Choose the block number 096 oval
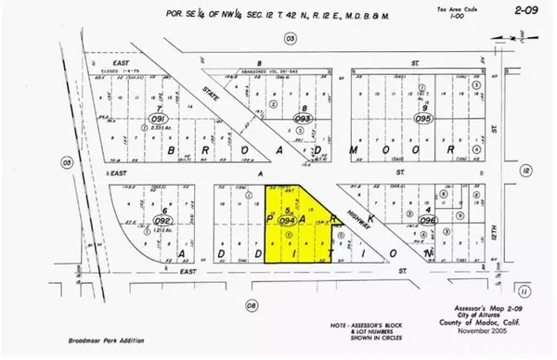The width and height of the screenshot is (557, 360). pos(428,221)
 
